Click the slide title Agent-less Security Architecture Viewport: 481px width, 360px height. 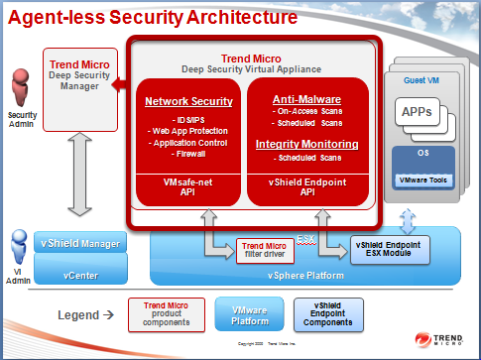click(149, 17)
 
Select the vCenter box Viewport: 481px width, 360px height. click(80, 267)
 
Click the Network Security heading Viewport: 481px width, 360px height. click(188, 101)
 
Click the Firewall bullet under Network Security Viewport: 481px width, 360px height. click(188, 154)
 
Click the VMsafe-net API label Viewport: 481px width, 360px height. click(188, 184)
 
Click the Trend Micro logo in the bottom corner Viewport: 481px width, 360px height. click(450, 338)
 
